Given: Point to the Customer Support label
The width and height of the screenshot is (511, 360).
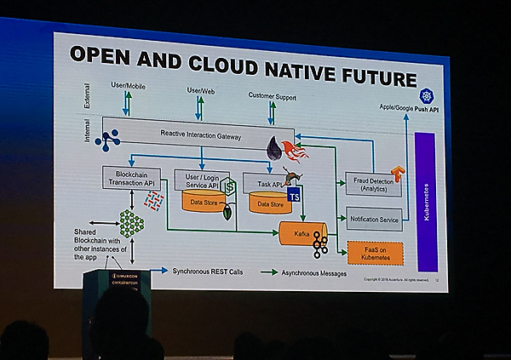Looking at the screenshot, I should pos(272,97).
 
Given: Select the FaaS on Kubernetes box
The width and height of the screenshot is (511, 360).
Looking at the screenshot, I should pos(376,253).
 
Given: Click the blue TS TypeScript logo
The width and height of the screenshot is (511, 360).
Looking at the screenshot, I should pos(295,198).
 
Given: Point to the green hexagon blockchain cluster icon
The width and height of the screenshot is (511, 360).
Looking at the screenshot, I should pos(130,224).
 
